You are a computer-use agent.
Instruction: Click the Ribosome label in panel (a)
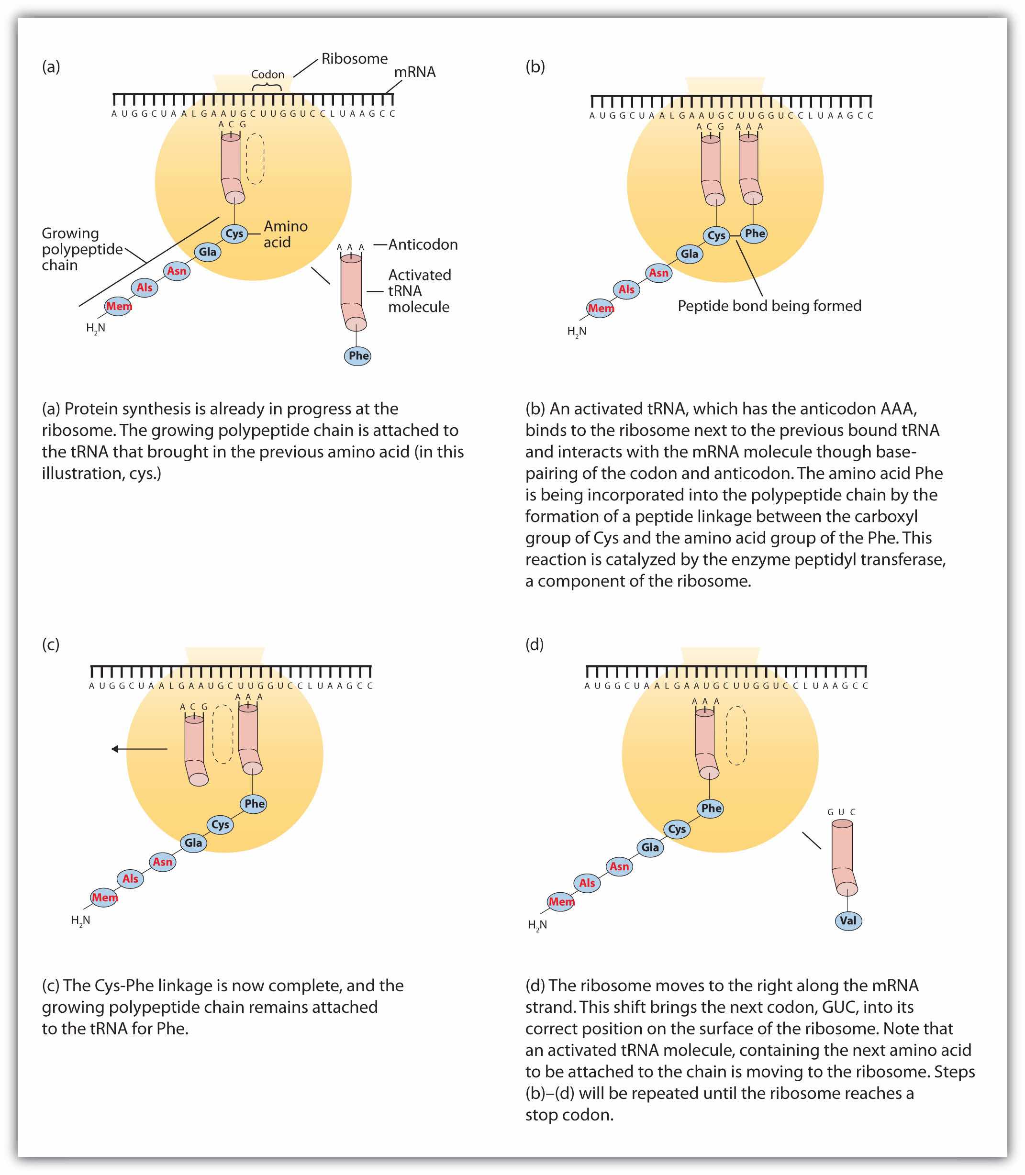click(x=354, y=59)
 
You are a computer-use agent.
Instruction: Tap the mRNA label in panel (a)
click(x=415, y=72)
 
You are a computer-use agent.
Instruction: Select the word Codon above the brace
click(x=267, y=74)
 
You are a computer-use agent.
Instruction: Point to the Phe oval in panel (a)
click(x=358, y=355)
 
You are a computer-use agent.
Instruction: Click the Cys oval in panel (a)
click(x=234, y=233)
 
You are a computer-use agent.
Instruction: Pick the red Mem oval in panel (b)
click(x=601, y=308)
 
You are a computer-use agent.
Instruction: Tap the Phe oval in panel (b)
click(x=755, y=233)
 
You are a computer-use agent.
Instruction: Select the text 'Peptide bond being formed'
click(x=769, y=306)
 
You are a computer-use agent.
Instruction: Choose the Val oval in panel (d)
click(x=847, y=920)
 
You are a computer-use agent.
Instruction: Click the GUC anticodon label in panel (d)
click(x=841, y=812)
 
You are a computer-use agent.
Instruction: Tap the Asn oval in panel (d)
click(x=619, y=866)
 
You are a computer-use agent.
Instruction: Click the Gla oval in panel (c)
click(x=193, y=843)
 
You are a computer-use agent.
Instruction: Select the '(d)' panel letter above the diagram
click(x=534, y=644)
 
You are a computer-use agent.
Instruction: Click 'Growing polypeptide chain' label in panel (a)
click(x=82, y=249)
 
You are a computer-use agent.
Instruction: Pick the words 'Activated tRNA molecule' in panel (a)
click(x=419, y=291)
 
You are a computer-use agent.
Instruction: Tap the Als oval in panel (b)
click(x=626, y=289)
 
